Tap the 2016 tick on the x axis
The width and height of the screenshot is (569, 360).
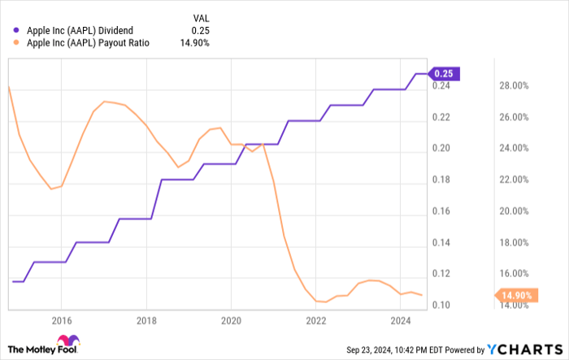click(x=61, y=321)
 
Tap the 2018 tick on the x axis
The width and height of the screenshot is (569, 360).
click(x=146, y=321)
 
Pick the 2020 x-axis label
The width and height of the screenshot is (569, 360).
click(x=231, y=321)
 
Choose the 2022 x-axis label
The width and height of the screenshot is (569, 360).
click(x=315, y=321)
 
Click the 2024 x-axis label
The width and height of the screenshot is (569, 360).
click(x=400, y=321)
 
